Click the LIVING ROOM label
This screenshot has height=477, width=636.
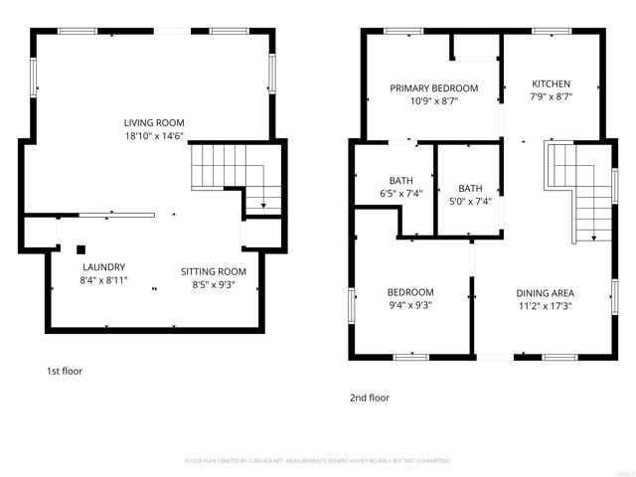coord(154,121)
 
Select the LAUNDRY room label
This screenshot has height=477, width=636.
coord(103,267)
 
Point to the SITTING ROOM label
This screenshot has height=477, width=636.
coord(213,271)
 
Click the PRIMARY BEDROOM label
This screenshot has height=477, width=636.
coord(433,88)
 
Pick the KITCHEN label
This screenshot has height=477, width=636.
coord(551,83)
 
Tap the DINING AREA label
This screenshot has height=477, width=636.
coord(552,293)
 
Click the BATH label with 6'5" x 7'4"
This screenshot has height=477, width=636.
coord(373,180)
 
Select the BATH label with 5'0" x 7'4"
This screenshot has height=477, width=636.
coord(469,188)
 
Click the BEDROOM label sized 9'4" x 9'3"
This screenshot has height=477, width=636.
coord(409,292)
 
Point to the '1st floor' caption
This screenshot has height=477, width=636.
coord(65,371)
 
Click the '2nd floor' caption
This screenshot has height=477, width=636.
coord(369,397)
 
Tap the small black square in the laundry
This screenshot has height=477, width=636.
coord(81,249)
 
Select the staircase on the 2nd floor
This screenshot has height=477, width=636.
coord(576,189)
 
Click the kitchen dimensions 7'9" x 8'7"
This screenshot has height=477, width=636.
coord(551,97)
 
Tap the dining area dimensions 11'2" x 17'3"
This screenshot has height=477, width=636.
coord(552,306)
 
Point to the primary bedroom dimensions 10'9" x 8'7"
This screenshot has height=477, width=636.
coord(433,101)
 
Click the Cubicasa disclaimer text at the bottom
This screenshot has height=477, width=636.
coord(318,461)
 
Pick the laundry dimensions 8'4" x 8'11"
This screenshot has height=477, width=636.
coord(103,281)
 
